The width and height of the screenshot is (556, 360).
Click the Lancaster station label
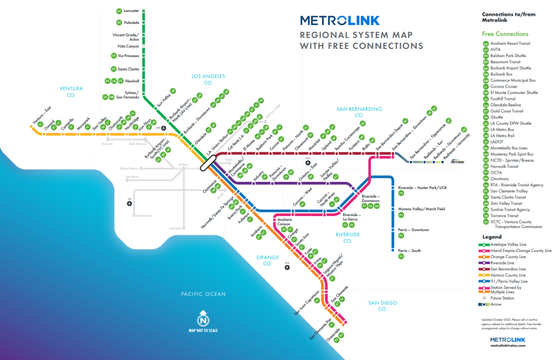[131, 11]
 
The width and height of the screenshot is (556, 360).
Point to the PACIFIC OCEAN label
[203, 294]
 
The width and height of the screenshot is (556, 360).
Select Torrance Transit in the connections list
[506, 216]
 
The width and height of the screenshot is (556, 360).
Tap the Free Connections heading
[505, 34]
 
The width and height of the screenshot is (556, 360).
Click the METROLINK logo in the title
[339, 21]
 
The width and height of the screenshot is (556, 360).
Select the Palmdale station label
[131, 23]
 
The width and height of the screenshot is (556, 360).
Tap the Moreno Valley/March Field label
[421, 209]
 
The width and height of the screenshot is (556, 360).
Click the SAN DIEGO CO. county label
[382, 305]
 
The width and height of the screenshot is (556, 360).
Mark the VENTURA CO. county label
[71, 91]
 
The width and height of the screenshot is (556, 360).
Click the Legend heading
[492, 237]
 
